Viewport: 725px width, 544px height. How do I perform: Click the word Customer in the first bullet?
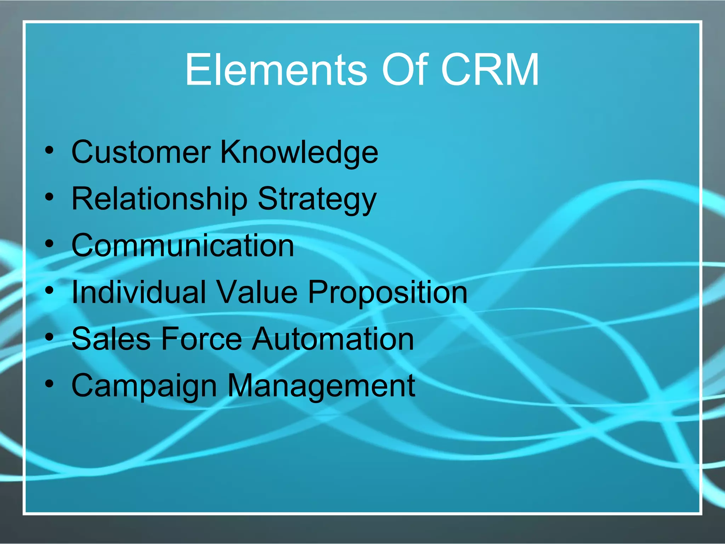(141, 152)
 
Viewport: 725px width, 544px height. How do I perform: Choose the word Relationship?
(159, 199)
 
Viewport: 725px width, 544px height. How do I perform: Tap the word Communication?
(183, 245)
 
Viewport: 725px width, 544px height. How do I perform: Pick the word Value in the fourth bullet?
(257, 292)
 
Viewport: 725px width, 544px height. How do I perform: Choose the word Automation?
(333, 339)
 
